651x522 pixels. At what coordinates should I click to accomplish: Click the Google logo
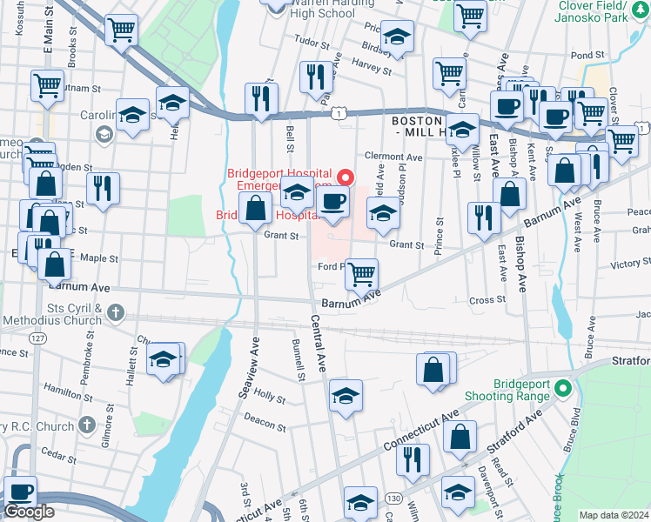[x=29, y=512]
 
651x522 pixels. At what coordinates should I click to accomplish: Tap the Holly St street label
[x=269, y=397]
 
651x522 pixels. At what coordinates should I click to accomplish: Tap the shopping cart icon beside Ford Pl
[x=361, y=274]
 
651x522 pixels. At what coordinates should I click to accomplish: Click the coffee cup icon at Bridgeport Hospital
[x=331, y=203]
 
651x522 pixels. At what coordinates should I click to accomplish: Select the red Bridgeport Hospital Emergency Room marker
[x=346, y=177]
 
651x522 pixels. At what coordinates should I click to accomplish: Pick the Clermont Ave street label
[x=393, y=157]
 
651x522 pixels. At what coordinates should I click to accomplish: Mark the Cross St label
[x=480, y=299]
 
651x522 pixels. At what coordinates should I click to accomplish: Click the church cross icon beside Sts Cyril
[x=117, y=312]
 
